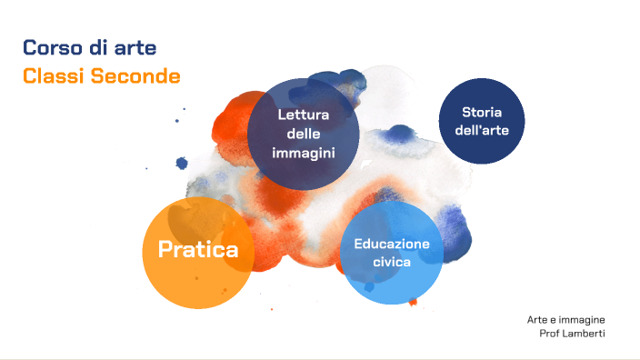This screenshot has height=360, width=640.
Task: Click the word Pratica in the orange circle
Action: pyautogui.click(x=198, y=249)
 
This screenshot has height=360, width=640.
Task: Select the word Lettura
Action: pyautogui.click(x=303, y=115)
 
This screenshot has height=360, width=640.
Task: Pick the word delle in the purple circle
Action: pyautogui.click(x=303, y=134)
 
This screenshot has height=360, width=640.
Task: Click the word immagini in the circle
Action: pyautogui.click(x=303, y=153)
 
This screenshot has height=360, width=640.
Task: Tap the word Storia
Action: pyautogui.click(x=481, y=112)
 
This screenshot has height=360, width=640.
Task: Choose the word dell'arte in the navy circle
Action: pyautogui.click(x=481, y=130)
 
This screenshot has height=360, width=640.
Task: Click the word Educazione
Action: pyautogui.click(x=392, y=243)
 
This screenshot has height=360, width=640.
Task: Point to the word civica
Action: pyautogui.click(x=392, y=262)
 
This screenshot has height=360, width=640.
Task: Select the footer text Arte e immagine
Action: pyautogui.click(x=565, y=320)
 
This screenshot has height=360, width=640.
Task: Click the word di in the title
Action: pyautogui.click(x=95, y=47)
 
